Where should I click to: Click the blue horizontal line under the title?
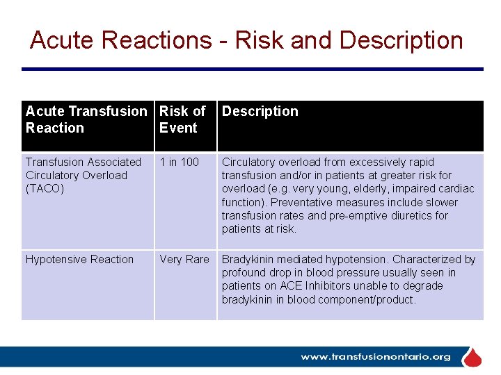(x=252, y=69)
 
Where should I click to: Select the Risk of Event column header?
(x=182, y=119)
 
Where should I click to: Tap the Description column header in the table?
(x=260, y=111)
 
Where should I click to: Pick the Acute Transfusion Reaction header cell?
(x=86, y=119)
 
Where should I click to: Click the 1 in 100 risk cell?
(x=179, y=162)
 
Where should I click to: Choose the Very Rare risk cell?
(x=184, y=259)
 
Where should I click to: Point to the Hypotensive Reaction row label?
(x=79, y=259)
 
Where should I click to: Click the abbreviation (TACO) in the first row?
(x=45, y=188)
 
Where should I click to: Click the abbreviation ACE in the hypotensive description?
(x=288, y=285)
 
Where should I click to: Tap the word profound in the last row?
(x=244, y=272)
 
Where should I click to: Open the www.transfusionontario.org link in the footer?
(x=375, y=357)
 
